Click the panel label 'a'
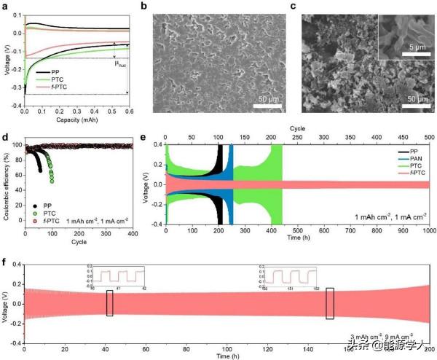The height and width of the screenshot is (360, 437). (x=6, y=7)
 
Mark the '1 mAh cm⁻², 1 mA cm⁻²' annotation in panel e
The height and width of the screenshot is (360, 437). (x=387, y=217)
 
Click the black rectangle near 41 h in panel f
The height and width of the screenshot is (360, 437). (x=110, y=303)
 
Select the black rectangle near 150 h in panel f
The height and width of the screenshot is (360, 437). (x=330, y=303)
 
